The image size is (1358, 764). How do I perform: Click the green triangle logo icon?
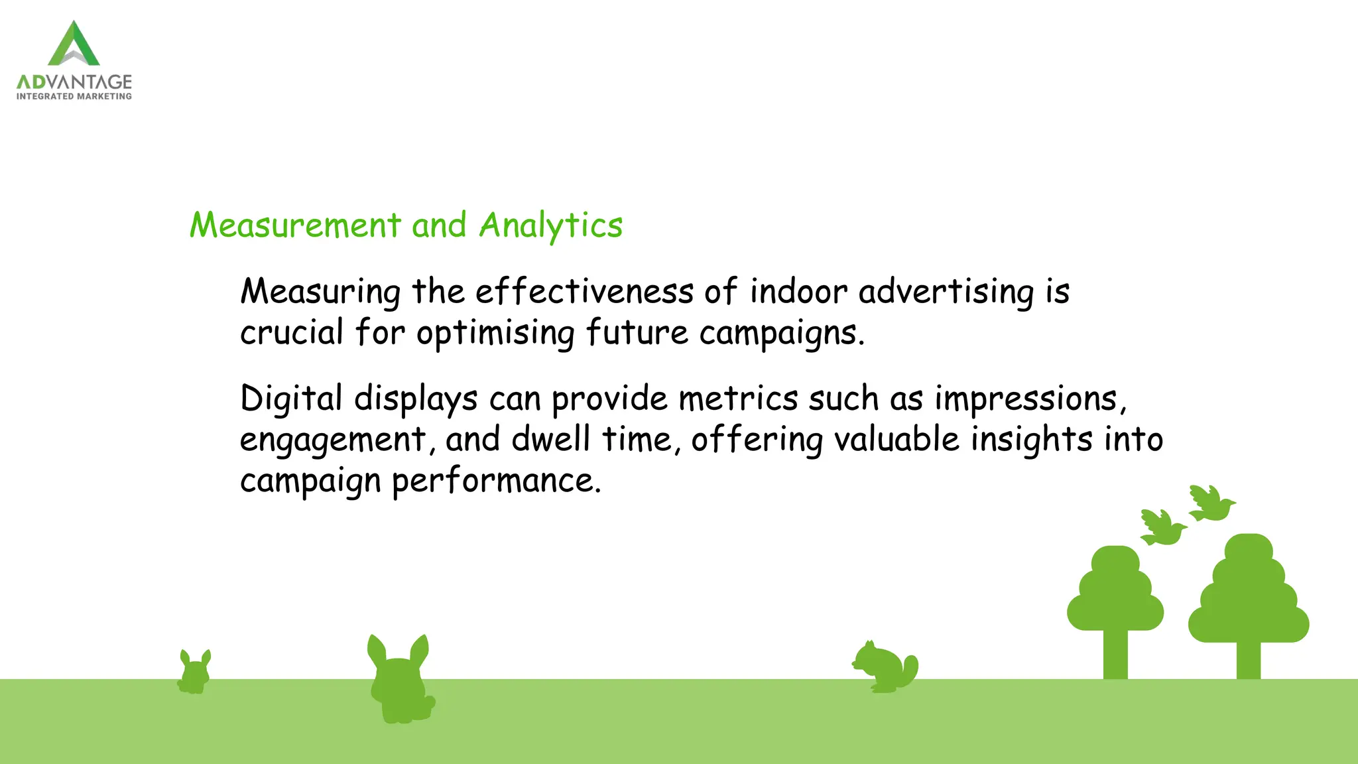[x=74, y=44]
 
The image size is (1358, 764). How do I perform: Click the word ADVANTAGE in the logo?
[x=74, y=82]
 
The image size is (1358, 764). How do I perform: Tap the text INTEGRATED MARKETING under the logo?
[x=74, y=97]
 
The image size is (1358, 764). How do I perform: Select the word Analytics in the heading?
[x=550, y=226]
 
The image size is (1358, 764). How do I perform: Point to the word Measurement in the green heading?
[x=295, y=225]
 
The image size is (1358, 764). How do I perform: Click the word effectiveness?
[x=584, y=291]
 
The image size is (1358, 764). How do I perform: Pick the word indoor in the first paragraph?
[x=798, y=291]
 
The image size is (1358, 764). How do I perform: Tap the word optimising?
[x=495, y=333]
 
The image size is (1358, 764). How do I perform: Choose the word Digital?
[x=291, y=399]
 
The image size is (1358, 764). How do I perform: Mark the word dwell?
[x=550, y=439]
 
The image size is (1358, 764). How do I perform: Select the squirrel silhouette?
[x=885, y=667]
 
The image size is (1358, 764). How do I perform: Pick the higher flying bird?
[x=1211, y=503]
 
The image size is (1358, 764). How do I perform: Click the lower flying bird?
[x=1162, y=528]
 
